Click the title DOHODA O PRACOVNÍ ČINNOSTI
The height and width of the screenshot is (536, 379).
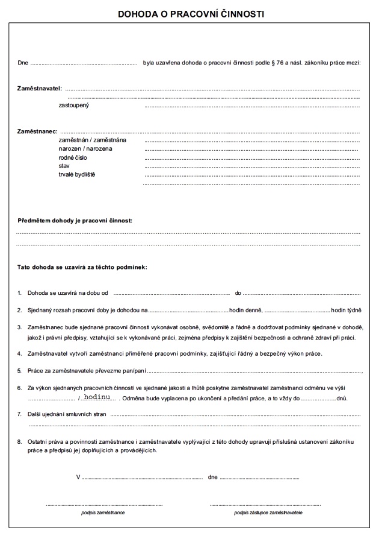pyautogui.click(x=191, y=12)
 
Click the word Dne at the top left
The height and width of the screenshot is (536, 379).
pyautogui.click(x=23, y=62)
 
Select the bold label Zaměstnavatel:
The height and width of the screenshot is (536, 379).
pyautogui.click(x=40, y=89)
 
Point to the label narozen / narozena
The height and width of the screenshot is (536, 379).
pyautogui.click(x=85, y=148)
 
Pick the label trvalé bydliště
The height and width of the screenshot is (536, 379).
pyautogui.click(x=77, y=174)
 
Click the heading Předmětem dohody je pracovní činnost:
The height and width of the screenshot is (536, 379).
pyautogui.click(x=75, y=221)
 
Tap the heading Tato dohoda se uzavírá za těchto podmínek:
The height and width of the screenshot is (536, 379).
pyautogui.click(x=82, y=266)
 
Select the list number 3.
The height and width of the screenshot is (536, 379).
pyautogui.click(x=19, y=327)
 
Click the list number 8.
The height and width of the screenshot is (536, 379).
pyautogui.click(x=19, y=442)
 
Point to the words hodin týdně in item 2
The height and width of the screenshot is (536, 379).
pyautogui.click(x=346, y=310)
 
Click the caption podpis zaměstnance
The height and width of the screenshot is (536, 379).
pyautogui.click(x=103, y=512)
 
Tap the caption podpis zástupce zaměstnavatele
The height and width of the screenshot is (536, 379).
pyautogui.click(x=268, y=512)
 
